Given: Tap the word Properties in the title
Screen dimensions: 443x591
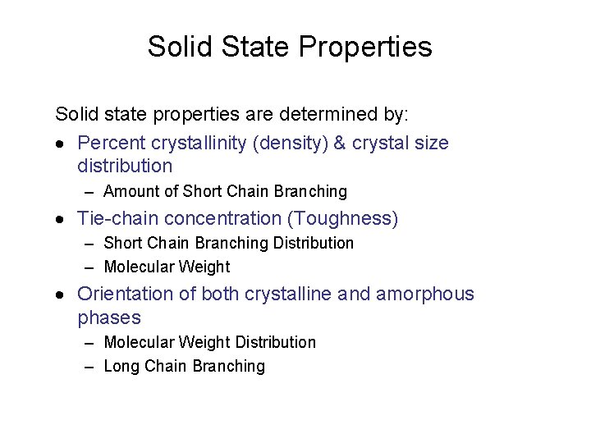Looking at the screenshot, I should [x=365, y=48].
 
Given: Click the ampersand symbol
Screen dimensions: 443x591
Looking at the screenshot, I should [x=341, y=143].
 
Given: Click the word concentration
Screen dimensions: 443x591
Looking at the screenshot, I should [x=211, y=218].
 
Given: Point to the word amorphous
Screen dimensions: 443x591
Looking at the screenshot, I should [x=425, y=294].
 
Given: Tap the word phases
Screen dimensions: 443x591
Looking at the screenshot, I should [x=109, y=317].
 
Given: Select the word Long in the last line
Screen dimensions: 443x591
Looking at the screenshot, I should [x=121, y=367].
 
